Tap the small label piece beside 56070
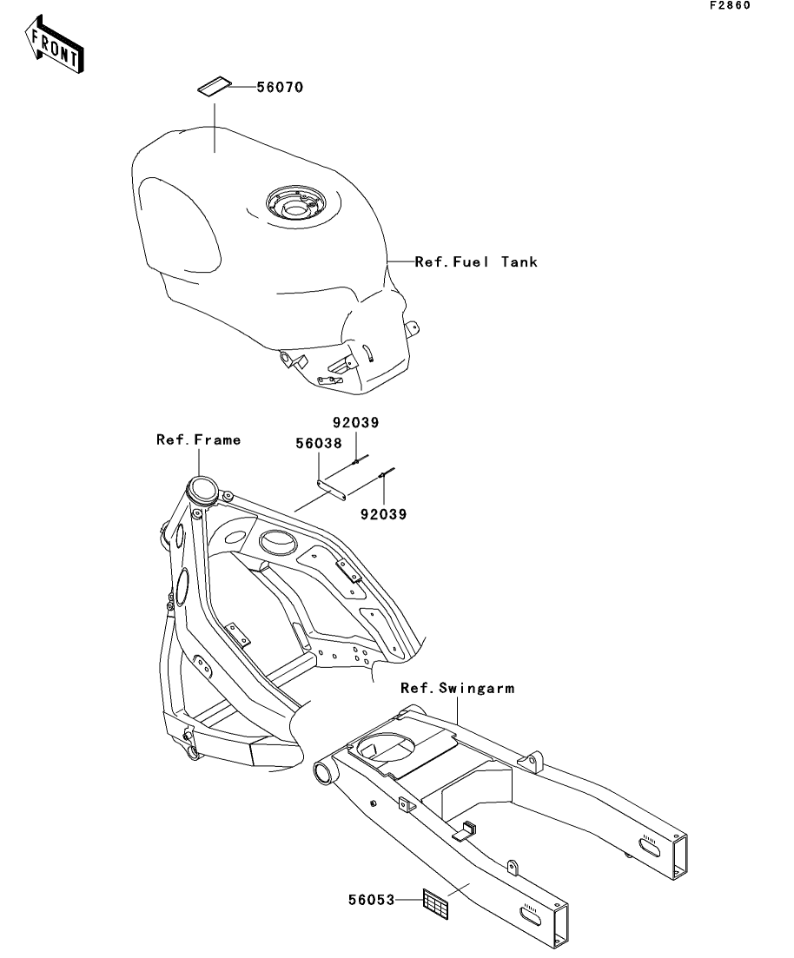coord(214,87)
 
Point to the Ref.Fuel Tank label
coord(476,261)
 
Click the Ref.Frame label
coord(198,439)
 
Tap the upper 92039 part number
coord(357,423)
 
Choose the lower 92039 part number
coord(383,512)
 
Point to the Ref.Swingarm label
coord(457,688)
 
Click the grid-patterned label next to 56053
coord(435,902)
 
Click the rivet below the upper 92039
coord(357,462)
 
